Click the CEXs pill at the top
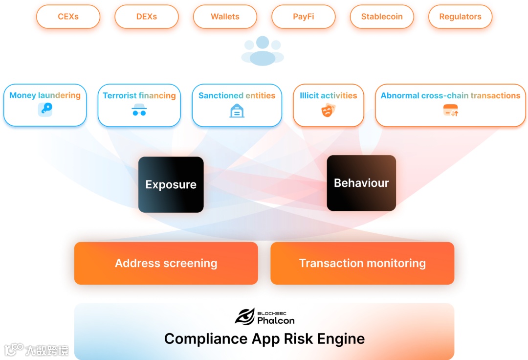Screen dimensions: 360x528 click(68, 17)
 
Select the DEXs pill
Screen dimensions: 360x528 click(147, 17)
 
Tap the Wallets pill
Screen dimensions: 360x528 click(225, 17)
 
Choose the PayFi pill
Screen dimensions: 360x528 click(304, 17)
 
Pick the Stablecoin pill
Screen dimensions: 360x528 click(382, 17)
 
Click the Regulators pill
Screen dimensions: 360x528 click(460, 17)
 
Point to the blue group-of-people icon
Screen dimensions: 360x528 click(263, 51)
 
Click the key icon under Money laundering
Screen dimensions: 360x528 click(45, 110)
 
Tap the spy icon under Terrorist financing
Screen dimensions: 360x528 click(139, 110)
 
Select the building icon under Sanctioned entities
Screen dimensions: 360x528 click(237, 111)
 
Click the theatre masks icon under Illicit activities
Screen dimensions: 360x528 click(328, 111)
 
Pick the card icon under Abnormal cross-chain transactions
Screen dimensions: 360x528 click(450, 111)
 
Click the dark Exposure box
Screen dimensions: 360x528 click(171, 184)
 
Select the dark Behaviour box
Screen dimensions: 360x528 click(361, 183)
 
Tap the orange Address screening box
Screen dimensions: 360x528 click(166, 263)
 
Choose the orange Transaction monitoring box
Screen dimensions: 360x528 click(362, 263)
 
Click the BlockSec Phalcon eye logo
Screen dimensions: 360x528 click(245, 316)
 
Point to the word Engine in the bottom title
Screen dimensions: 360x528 click(341, 338)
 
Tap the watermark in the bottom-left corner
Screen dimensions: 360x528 click(37, 350)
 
